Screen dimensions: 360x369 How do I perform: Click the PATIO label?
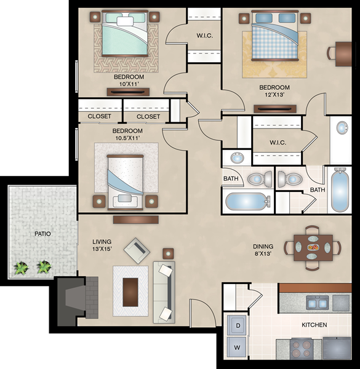(x=42, y=234)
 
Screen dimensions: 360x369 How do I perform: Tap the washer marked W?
(x=237, y=347)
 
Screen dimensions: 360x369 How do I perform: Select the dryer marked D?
(x=237, y=325)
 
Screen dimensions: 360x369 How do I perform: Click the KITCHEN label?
(x=314, y=325)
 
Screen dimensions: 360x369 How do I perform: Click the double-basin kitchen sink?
(x=318, y=303)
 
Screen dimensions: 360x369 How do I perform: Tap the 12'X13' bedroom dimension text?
(x=274, y=95)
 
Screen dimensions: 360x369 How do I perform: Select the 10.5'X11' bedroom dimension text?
(x=127, y=138)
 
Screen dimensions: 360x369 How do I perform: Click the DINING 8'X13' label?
(x=263, y=250)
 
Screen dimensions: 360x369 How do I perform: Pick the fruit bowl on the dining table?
(x=313, y=247)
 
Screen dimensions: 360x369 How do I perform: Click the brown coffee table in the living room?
(x=130, y=292)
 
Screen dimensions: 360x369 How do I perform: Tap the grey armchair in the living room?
(x=137, y=251)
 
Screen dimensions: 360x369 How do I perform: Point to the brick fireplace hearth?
(x=92, y=298)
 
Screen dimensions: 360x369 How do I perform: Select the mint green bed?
(x=125, y=34)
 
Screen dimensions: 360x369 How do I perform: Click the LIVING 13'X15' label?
(x=102, y=245)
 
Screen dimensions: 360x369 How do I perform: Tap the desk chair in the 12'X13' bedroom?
(x=332, y=54)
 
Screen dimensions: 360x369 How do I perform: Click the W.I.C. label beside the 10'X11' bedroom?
(x=204, y=36)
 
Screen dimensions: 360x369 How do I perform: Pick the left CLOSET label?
(x=99, y=116)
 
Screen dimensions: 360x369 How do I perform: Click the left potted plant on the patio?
(x=21, y=268)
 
